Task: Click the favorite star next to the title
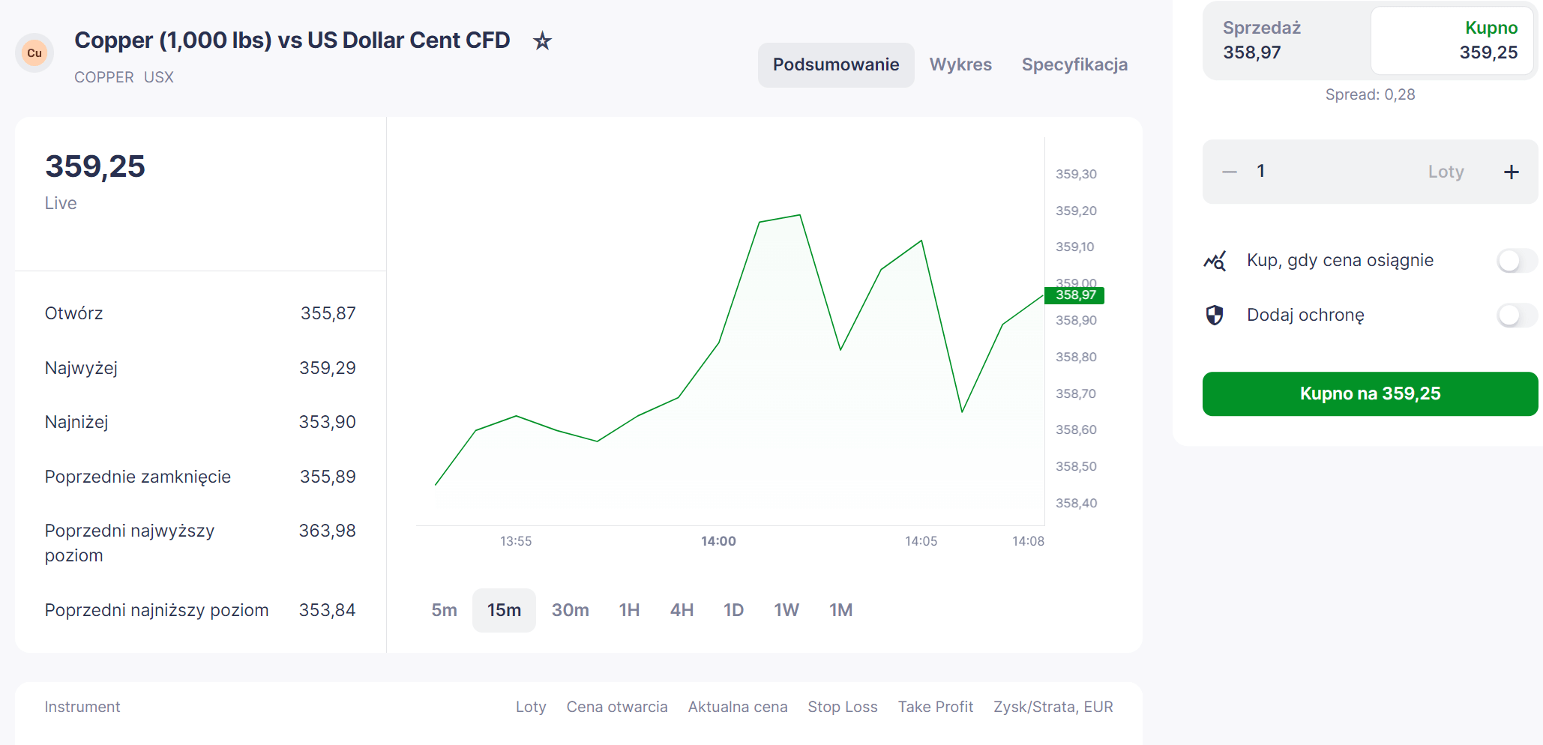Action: pyautogui.click(x=542, y=40)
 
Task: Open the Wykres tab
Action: pyautogui.click(x=960, y=64)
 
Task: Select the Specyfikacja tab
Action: pyautogui.click(x=1074, y=64)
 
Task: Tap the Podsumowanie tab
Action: pyautogui.click(x=836, y=64)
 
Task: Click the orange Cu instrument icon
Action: pyautogui.click(x=34, y=53)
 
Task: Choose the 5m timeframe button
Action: pyautogui.click(x=444, y=610)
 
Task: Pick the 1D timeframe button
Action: pyautogui.click(x=733, y=610)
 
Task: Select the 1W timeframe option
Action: pyautogui.click(x=786, y=610)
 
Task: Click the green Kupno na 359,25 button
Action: pyautogui.click(x=1370, y=393)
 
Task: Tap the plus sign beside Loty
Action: pyautogui.click(x=1512, y=172)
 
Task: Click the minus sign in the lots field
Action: pyautogui.click(x=1230, y=172)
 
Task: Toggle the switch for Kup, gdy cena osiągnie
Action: pyautogui.click(x=1517, y=261)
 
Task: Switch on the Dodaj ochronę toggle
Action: pyautogui.click(x=1517, y=316)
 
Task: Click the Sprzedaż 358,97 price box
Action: pyautogui.click(x=1287, y=40)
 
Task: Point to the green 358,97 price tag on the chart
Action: pyautogui.click(x=1074, y=295)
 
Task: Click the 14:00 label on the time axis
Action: pyautogui.click(x=718, y=541)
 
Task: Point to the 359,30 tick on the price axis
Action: pyautogui.click(x=1076, y=174)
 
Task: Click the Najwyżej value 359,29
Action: pyautogui.click(x=328, y=368)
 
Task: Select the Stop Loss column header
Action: pyautogui.click(x=842, y=707)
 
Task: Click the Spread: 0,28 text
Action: pyautogui.click(x=1370, y=94)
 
